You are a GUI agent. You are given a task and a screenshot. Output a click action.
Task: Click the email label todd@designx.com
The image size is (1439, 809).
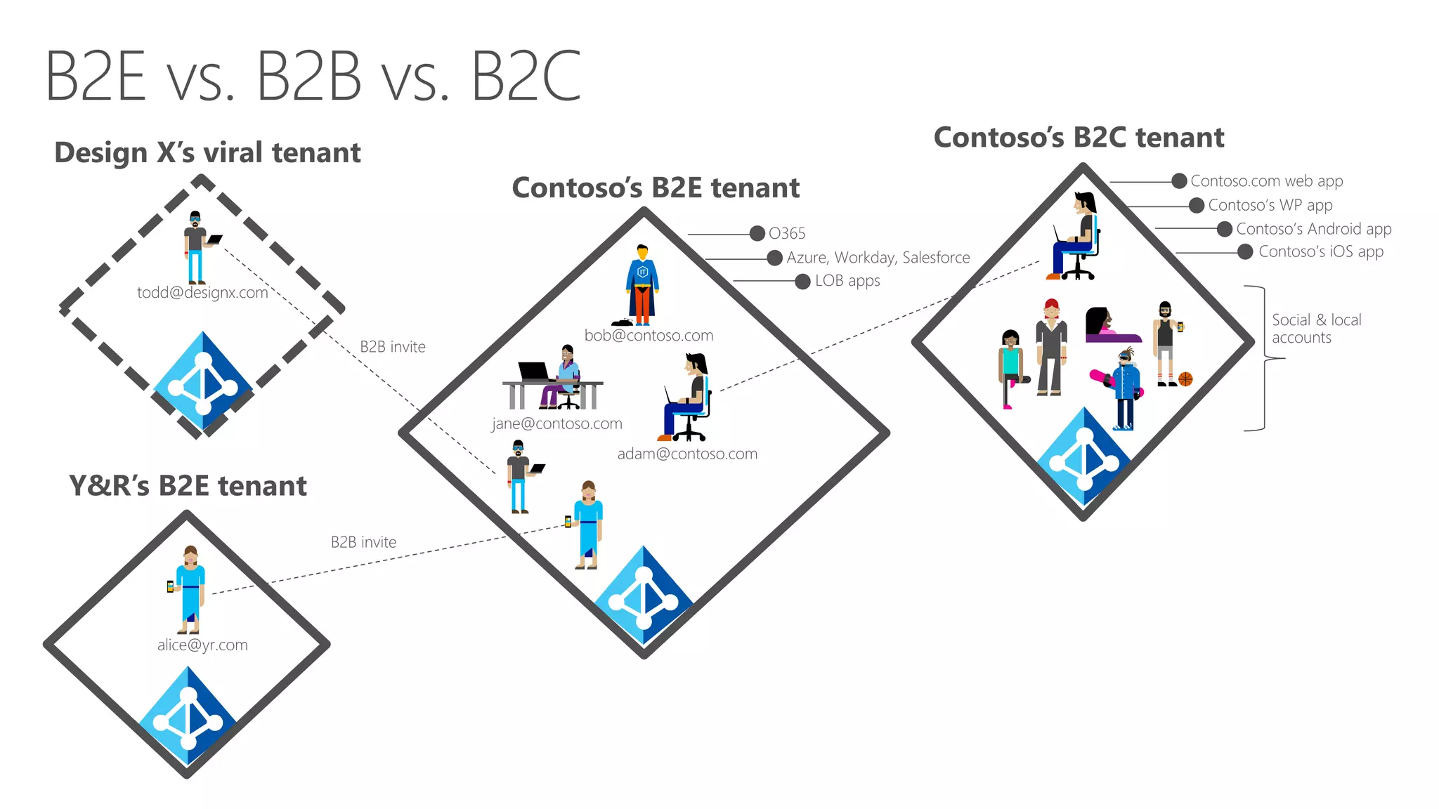click(202, 293)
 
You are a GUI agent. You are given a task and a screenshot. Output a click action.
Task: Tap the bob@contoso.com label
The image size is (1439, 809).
click(649, 336)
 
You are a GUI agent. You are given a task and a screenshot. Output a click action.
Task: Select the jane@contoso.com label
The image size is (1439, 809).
click(556, 423)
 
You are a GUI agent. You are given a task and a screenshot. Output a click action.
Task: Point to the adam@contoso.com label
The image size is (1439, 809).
click(687, 454)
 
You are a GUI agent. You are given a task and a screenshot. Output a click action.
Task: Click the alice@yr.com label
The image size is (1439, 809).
click(202, 645)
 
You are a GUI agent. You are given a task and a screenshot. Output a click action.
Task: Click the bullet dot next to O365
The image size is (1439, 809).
click(757, 234)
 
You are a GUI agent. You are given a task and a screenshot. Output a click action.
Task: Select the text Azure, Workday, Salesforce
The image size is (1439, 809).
click(878, 258)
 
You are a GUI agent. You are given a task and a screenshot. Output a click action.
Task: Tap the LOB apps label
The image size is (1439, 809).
click(847, 281)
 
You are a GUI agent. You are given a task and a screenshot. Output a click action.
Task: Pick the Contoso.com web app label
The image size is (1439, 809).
click(1266, 181)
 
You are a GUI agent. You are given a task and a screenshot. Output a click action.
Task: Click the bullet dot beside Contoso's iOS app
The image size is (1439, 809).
click(1244, 252)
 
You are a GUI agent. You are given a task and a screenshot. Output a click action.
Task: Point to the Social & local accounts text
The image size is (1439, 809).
click(1315, 329)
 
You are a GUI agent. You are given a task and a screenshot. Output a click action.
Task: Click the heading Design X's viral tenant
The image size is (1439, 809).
click(207, 152)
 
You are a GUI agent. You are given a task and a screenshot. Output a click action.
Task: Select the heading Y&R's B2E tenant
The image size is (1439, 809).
click(188, 486)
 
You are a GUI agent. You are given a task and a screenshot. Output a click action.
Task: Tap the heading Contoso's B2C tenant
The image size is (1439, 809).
click(1079, 138)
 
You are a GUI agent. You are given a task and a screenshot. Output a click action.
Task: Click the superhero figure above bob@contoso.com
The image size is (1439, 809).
click(642, 284)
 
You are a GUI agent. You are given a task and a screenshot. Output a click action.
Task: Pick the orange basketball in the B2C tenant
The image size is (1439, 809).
click(1185, 379)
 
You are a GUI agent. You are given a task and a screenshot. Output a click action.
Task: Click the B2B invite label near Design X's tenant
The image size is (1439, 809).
click(392, 347)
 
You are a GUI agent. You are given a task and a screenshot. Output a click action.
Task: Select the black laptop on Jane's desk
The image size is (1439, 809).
click(533, 371)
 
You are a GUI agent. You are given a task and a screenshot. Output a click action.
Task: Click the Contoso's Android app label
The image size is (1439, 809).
click(1313, 229)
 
